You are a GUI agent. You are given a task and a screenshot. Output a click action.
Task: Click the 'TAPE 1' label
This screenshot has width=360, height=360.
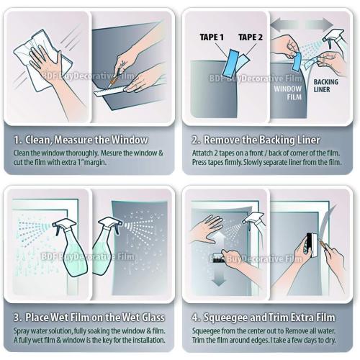211,37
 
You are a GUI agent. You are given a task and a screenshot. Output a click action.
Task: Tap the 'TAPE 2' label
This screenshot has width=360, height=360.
250,37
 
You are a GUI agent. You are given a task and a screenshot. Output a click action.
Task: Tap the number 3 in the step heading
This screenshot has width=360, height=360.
17,318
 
